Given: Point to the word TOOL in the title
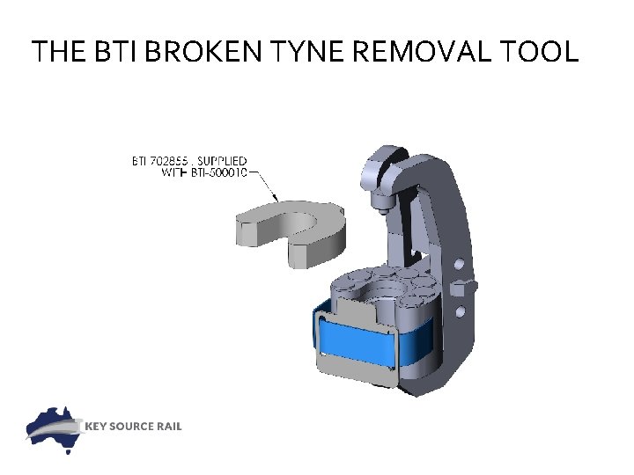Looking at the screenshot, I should click(541, 52).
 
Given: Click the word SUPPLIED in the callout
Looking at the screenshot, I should click(222, 161).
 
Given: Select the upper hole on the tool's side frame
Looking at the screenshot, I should click(459, 265).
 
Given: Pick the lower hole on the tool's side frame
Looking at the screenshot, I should click(459, 312).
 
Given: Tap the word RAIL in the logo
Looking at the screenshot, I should click(169, 427).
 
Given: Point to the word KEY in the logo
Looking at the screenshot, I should click(97, 427).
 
